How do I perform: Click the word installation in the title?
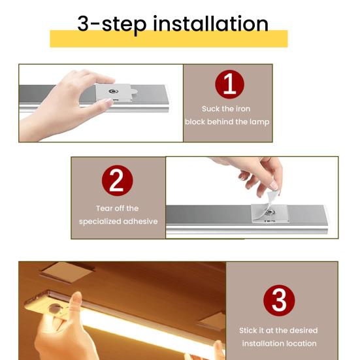point(210,24)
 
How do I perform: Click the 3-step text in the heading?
point(113,24)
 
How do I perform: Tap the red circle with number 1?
point(229,84)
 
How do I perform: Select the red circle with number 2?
point(117,181)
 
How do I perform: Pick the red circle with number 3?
point(279,301)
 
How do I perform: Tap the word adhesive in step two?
point(141,221)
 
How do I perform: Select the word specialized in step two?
point(101,221)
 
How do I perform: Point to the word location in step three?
point(300,344)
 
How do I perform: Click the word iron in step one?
point(242,108)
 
